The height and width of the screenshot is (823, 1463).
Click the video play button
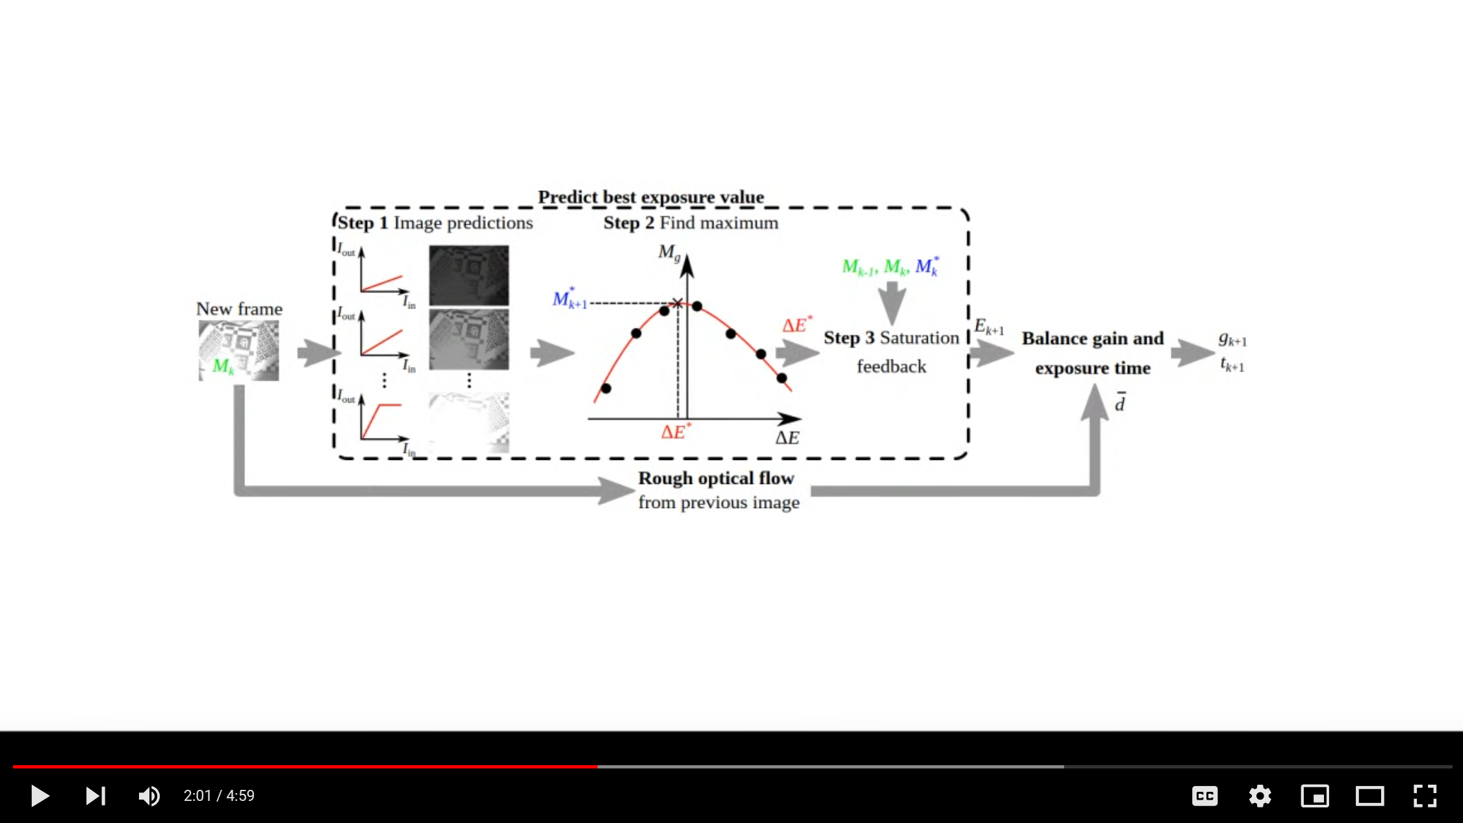[40, 796]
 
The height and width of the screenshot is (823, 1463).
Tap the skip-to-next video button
[95, 796]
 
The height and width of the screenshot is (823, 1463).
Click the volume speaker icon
[149, 796]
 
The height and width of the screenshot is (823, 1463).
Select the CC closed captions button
[1204, 796]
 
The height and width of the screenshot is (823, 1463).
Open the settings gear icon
[1260, 796]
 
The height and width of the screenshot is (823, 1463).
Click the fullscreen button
[1425, 796]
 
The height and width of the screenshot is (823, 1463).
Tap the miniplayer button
[1315, 796]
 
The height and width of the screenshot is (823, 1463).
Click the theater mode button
[1369, 796]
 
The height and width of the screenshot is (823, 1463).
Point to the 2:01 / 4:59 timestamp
[219, 796]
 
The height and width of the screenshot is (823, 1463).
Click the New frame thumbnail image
[238, 350]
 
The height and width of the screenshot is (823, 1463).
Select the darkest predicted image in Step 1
[468, 275]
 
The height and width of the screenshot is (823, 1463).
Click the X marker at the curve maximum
[677, 303]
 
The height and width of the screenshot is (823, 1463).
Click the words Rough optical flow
[716, 479]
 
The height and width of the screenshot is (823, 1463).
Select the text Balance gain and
[1092, 338]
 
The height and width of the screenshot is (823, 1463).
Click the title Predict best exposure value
[650, 197]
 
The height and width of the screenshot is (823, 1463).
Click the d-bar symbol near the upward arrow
[1120, 403]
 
